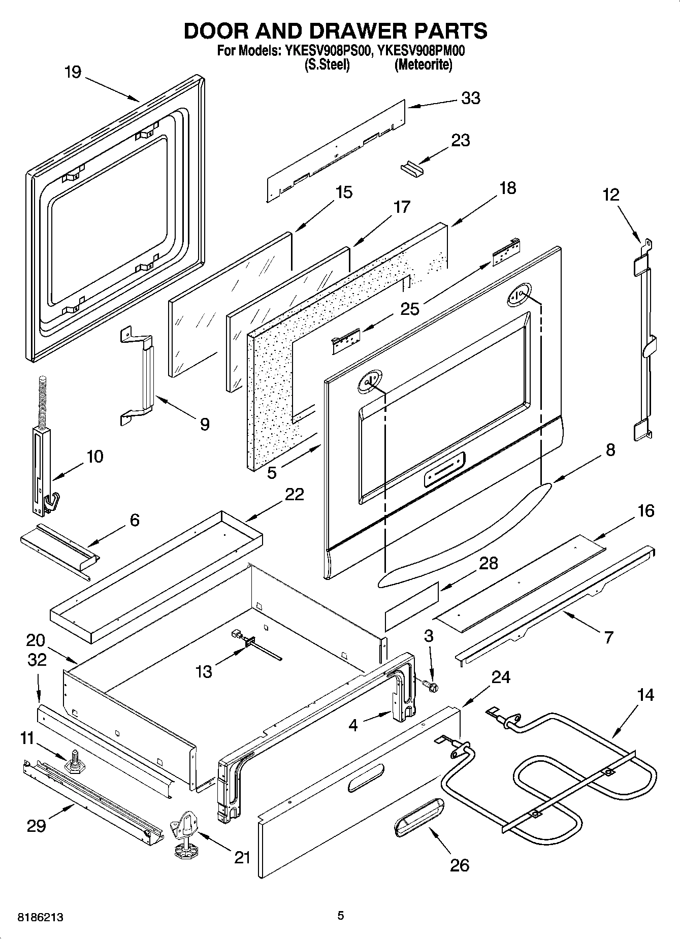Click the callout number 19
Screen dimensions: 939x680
coord(73,73)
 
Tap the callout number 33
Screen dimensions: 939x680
coord(470,98)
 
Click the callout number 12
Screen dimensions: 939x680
coord(611,195)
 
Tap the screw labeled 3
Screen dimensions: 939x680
coord(433,686)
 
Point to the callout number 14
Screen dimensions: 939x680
coord(645,695)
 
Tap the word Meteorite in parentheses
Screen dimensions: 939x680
coord(423,65)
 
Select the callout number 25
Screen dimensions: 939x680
coord(410,309)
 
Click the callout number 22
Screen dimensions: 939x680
coord(294,494)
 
